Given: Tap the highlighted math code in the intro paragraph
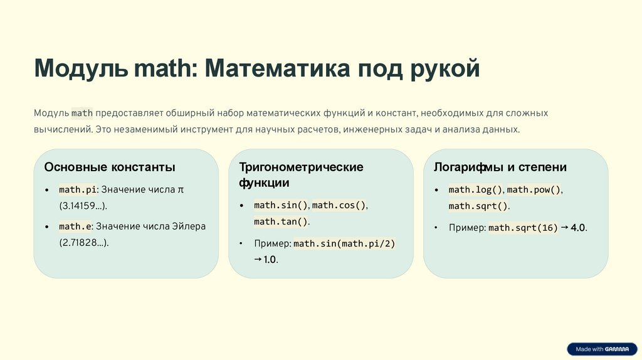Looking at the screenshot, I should click(82, 114).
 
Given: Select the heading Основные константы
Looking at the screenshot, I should click(110, 167).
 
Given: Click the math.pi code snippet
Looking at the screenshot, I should click(78, 189).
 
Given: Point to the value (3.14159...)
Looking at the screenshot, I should click(83, 205).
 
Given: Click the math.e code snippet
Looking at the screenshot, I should click(75, 226).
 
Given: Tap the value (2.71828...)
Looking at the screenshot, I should click(84, 242).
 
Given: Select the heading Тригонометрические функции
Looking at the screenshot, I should click(301, 175).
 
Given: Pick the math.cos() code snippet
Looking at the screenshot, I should click(339, 205).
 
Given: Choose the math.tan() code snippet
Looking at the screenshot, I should click(281, 221).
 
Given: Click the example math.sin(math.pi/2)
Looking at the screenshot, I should click(344, 243).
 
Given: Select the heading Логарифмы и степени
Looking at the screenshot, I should click(500, 167).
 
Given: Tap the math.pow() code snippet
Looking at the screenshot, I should click(534, 189).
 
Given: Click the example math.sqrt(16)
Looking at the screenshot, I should click(523, 228).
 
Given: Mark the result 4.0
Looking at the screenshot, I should click(578, 228).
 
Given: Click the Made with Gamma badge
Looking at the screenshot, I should click(601, 349).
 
